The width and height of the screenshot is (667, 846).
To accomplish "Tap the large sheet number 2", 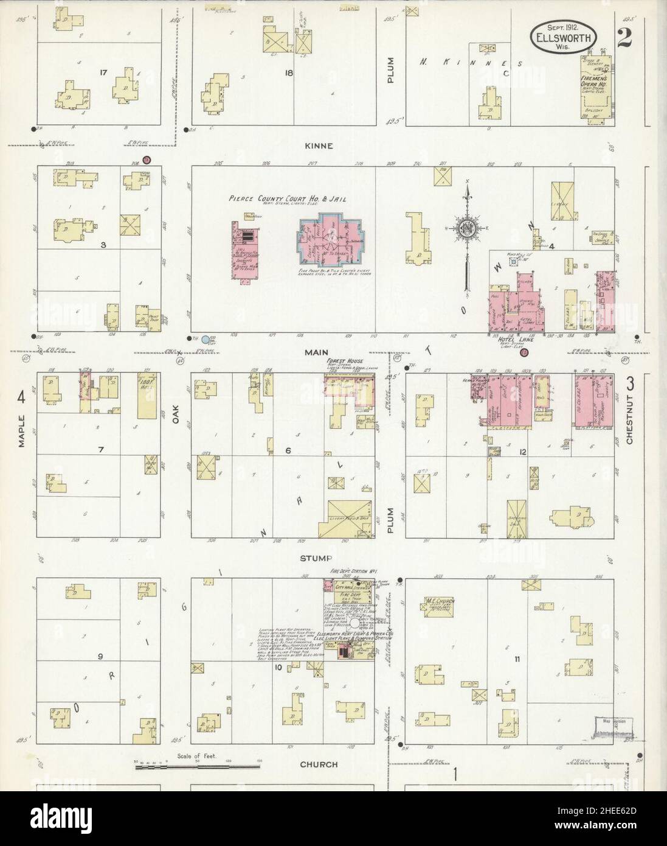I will [623, 37].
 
